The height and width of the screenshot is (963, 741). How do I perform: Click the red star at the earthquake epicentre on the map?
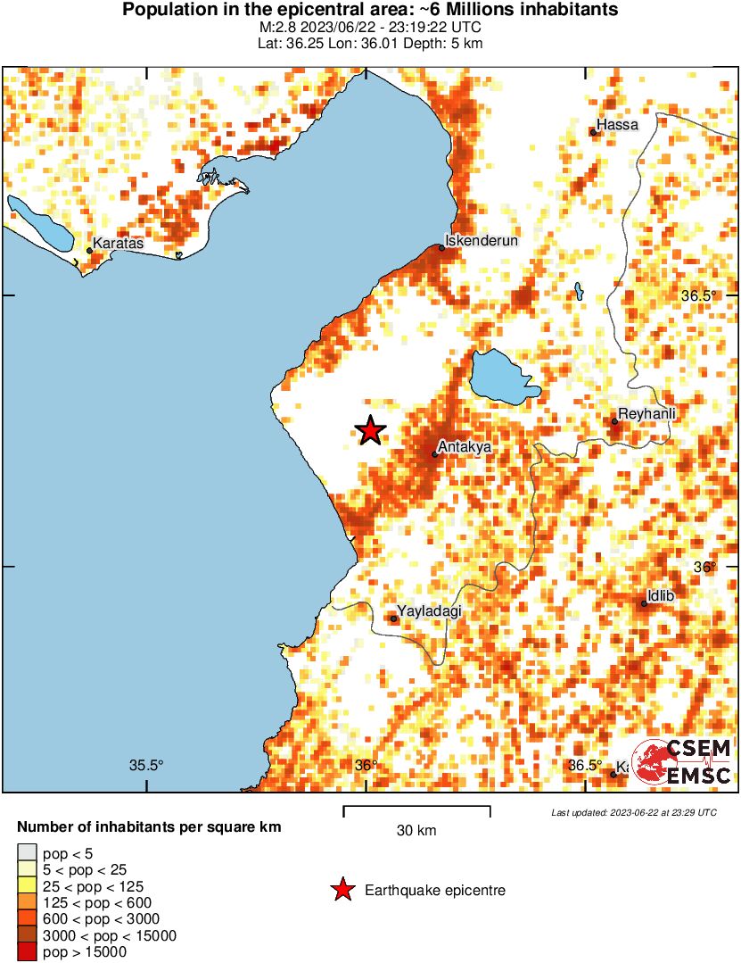coord(370,431)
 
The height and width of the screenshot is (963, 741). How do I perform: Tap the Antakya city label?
coord(464,446)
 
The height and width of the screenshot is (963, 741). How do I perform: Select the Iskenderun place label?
coord(482,240)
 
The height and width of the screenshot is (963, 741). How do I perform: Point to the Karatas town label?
coord(119,243)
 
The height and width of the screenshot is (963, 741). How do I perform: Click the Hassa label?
coord(618,125)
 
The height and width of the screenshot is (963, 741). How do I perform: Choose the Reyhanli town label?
coord(646,413)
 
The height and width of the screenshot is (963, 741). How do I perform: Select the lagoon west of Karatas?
coord(40,224)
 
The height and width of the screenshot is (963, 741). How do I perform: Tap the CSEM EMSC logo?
coord(682,762)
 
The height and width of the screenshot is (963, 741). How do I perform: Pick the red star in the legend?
coord(341,890)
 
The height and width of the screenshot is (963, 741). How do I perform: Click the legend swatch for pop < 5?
coord(28,854)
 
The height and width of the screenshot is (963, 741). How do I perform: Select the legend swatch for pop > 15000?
coord(28,952)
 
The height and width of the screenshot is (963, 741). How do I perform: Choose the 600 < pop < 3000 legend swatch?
coord(28,919)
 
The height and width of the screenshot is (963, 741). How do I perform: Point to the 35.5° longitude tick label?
coord(147,765)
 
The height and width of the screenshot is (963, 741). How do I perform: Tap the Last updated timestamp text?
coord(633,813)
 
